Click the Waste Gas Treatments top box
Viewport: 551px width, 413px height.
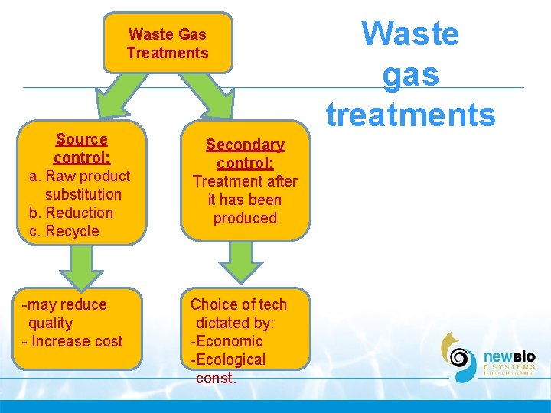tap(168, 44)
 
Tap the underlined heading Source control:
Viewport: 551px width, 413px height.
tap(82, 148)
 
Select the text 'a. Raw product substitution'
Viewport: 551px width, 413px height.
tap(80, 185)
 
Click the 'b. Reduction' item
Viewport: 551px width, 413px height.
tap(71, 213)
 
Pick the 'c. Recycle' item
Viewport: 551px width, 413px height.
tap(64, 231)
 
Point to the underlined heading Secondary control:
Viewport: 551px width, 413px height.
tap(245, 154)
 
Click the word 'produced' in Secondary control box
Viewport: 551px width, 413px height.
tap(245, 218)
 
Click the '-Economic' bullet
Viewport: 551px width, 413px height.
tap(227, 341)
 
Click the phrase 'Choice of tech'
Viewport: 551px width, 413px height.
tap(239, 304)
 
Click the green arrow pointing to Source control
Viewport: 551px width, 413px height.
tap(120, 99)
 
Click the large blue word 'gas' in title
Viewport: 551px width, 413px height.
tap(410, 74)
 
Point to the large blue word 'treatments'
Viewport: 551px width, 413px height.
tap(411, 114)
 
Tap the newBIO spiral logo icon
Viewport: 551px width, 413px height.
tap(459, 357)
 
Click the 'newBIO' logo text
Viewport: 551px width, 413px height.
tap(509, 356)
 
